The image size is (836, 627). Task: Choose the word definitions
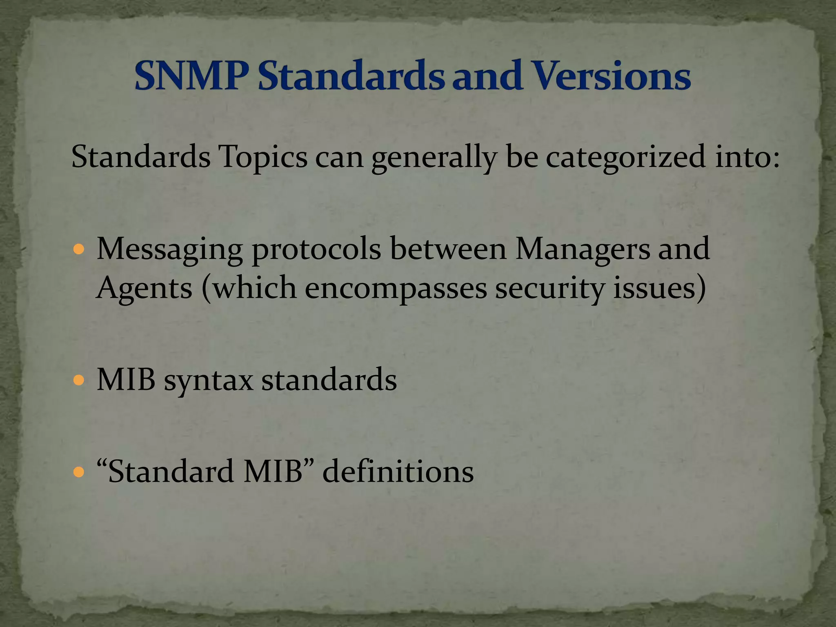click(398, 472)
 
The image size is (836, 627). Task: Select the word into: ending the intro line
click(747, 157)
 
